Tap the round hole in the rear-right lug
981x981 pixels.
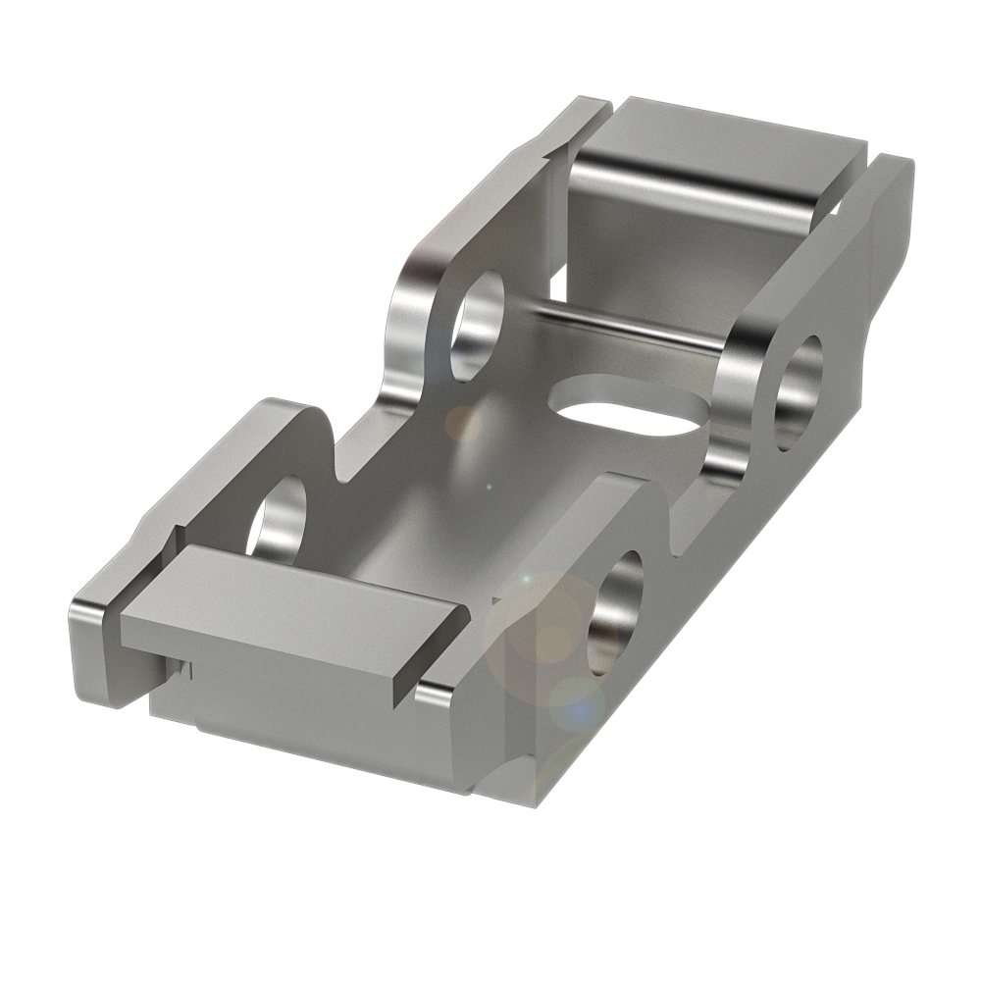(799, 392)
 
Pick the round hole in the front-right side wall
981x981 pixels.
(615, 612)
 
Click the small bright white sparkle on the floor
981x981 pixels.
(483, 486)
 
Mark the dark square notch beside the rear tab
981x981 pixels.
(558, 285)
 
